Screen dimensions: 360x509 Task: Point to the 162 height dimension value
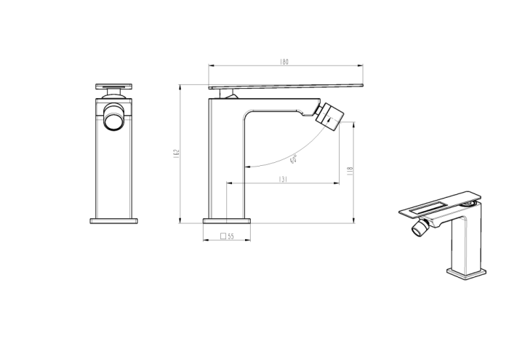pos(176,155)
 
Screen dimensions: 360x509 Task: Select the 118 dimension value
pos(350,169)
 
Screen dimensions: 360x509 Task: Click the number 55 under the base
pos(231,236)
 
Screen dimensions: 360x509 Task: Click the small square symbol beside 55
pos(222,236)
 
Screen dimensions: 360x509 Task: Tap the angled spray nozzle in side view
pos(332,116)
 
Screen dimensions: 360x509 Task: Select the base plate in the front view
pos(113,220)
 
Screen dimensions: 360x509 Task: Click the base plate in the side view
pos(226,220)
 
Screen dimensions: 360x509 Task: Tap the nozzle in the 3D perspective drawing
pos(419,231)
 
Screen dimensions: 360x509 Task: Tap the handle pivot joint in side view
pos(231,95)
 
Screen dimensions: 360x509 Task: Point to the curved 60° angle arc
pos(276,161)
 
